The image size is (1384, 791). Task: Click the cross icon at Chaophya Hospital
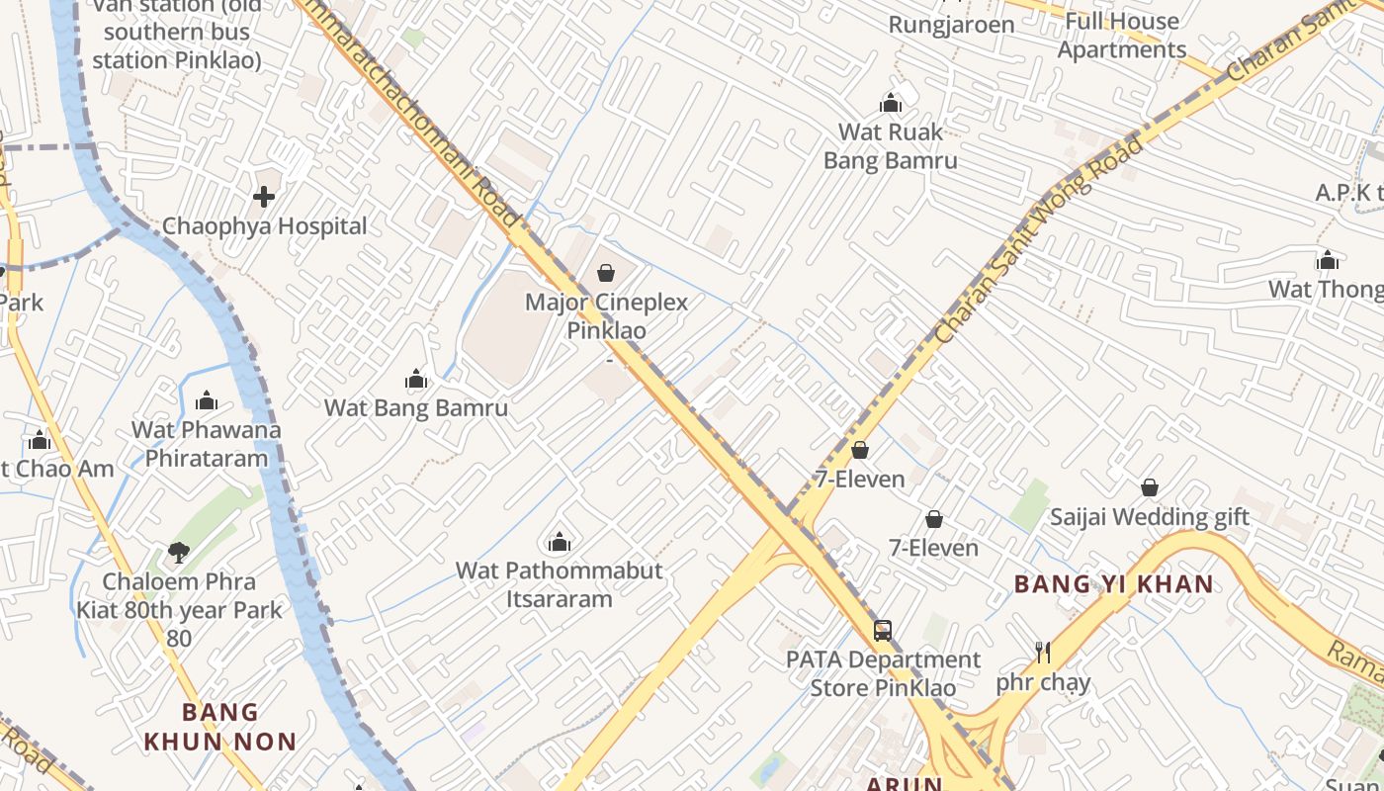pos(264,197)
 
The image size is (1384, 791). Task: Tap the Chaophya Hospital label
pos(264,226)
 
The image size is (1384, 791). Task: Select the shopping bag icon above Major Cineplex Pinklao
pos(606,272)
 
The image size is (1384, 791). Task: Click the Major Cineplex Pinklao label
pos(606,316)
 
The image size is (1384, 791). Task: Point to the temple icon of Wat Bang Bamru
pos(416,379)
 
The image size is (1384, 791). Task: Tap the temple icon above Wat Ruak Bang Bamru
pos(891,103)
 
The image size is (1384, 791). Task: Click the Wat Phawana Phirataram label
pos(206,444)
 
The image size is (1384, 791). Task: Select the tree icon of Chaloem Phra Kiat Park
pos(179,552)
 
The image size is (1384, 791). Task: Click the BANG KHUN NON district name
pos(219,727)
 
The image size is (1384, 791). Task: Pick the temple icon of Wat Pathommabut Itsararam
pos(560,542)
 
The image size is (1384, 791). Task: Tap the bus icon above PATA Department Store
pos(883,630)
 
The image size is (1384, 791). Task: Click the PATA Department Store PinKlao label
pos(883,673)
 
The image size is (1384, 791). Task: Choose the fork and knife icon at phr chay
pos(1042,653)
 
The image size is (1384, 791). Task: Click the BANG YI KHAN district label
pos(1113,584)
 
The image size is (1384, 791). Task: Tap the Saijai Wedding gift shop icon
pos(1150,487)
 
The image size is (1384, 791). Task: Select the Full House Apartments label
pos(1121,36)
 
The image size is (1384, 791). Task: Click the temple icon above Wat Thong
pos(1328,260)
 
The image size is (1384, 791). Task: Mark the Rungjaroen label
pos(951,25)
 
